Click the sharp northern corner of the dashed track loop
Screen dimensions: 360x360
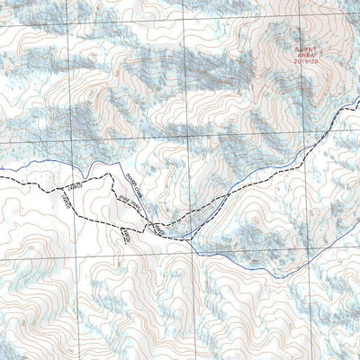[112, 175]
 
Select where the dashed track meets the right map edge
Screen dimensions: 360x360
[359, 101]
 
